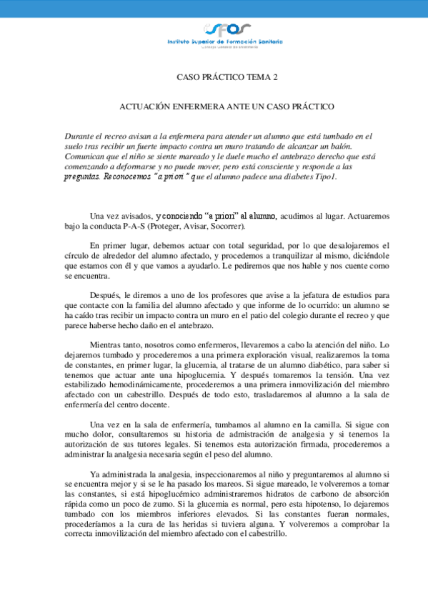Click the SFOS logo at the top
[227, 29]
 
